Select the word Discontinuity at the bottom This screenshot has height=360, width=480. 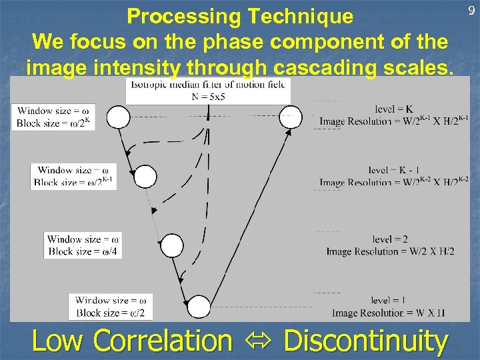click(365, 341)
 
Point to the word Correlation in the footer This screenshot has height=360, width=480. click(163, 341)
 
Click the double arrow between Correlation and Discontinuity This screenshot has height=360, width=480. click(257, 341)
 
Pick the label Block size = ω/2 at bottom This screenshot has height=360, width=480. click(110, 313)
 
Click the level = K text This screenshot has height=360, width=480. click(393, 109)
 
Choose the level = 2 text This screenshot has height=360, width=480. click(391, 239)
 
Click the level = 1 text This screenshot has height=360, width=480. click(390, 300)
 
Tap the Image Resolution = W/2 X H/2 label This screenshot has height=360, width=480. click(391, 251)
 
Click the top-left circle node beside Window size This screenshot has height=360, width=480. click(119, 117)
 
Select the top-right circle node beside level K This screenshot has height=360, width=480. click(290, 117)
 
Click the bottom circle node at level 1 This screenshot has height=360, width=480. click(198, 306)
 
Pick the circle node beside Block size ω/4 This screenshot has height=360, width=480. click(172, 245)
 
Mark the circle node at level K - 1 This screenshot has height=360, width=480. click(145, 177)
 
